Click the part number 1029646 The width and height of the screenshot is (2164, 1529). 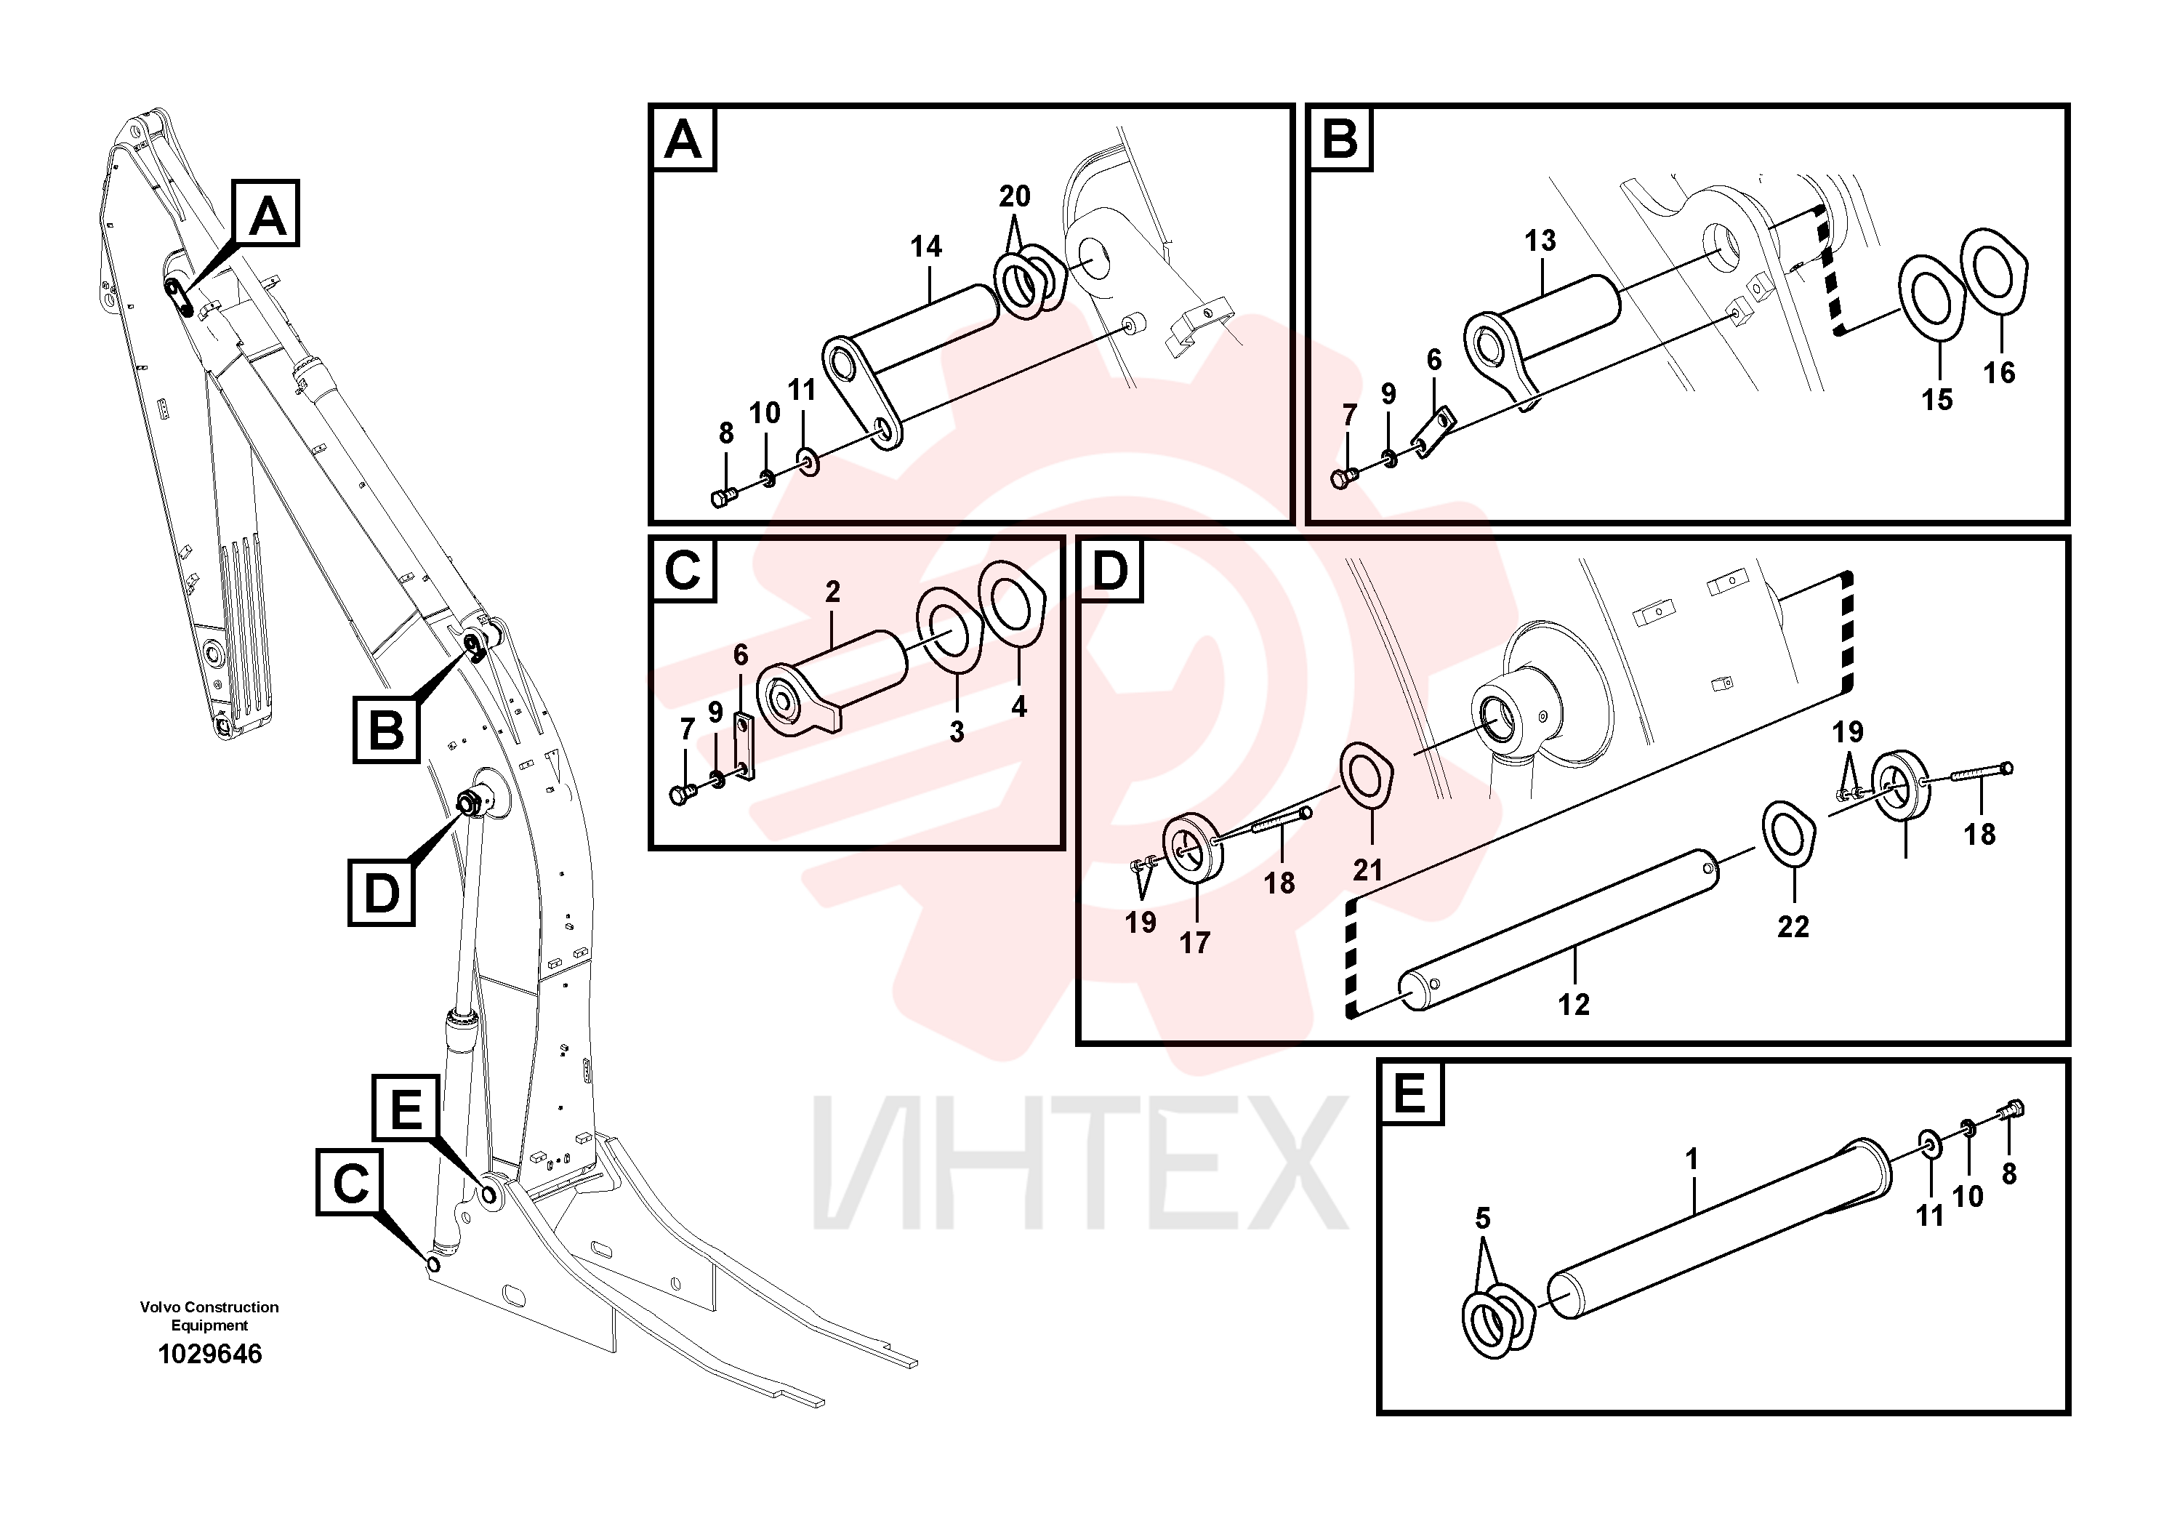click(x=209, y=1354)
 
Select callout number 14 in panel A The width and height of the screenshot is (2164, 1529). click(x=925, y=247)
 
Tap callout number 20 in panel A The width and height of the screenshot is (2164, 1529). click(x=1014, y=196)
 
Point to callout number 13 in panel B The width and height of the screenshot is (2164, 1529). click(x=1540, y=241)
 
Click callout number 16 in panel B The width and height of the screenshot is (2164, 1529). click(x=1999, y=372)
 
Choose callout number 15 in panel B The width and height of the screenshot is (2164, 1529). click(x=1937, y=400)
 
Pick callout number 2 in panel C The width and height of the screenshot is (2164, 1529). click(x=832, y=591)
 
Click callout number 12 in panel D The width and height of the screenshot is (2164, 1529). click(x=1573, y=1004)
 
